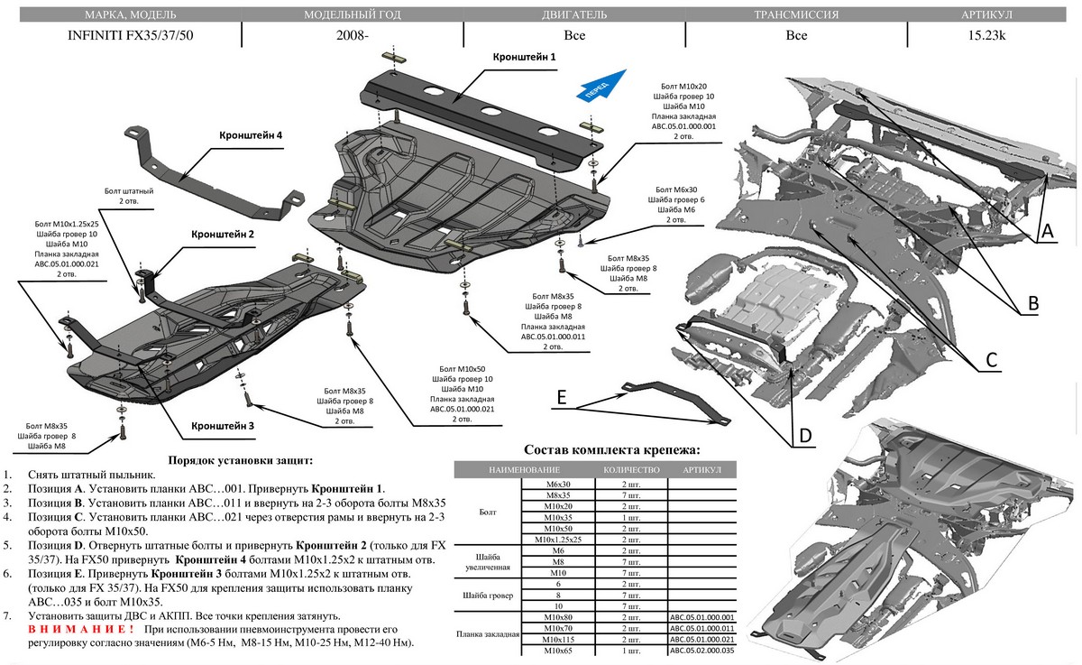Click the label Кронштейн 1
tap(524, 57)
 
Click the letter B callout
tap(1033, 305)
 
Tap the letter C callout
tap(990, 360)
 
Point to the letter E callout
tap(561, 397)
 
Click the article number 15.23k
tap(987, 37)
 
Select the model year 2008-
tap(352, 37)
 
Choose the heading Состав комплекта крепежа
tap(611, 450)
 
